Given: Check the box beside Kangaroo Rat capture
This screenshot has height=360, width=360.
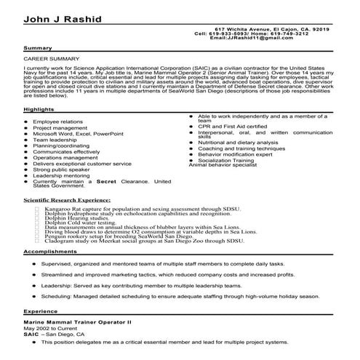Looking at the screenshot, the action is point(37,208).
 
